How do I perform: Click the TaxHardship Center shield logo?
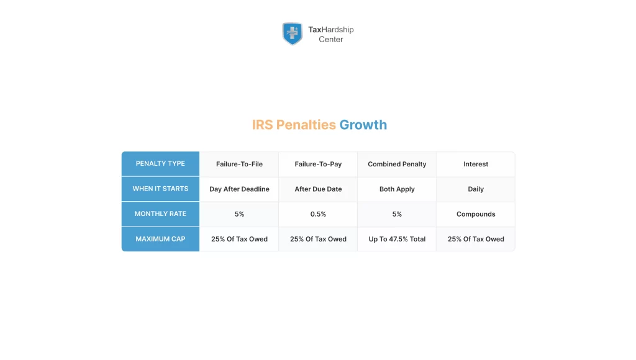click(292, 34)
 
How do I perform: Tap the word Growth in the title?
click(363, 125)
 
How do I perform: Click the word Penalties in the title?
click(306, 125)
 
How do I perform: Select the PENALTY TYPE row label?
click(160, 164)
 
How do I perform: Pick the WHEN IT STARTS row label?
click(160, 189)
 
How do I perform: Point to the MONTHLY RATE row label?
click(160, 214)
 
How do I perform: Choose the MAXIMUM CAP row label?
click(160, 239)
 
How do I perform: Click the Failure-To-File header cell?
click(239, 164)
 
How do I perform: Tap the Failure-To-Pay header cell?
click(318, 164)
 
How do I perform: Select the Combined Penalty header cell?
click(397, 164)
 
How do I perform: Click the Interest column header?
click(476, 164)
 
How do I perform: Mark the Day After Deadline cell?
click(239, 189)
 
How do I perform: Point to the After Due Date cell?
click(318, 189)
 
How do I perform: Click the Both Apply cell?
click(397, 189)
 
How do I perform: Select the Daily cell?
click(476, 189)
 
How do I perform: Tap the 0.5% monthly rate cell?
click(318, 214)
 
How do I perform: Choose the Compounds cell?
click(476, 214)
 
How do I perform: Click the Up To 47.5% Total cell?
click(397, 239)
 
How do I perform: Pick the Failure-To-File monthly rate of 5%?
click(239, 214)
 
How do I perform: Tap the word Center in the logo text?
click(330, 40)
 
